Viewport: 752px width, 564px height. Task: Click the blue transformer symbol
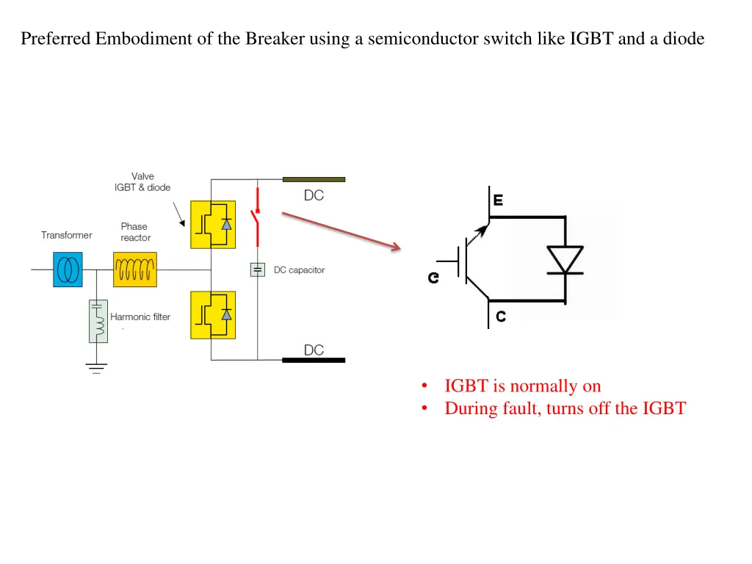point(68,269)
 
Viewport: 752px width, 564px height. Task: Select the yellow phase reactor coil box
point(135,269)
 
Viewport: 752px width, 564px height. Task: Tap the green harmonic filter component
point(98,321)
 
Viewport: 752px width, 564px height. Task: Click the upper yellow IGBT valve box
point(213,224)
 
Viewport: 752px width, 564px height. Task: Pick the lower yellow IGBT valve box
point(213,314)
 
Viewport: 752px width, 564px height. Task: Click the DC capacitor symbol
point(258,270)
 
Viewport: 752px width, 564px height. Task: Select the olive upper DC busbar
point(314,179)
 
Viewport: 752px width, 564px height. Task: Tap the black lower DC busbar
point(314,360)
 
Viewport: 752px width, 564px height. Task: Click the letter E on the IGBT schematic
point(498,200)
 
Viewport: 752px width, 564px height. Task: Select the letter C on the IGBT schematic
point(500,317)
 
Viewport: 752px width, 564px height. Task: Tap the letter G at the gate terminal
point(434,278)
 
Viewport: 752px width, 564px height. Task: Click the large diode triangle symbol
point(565,260)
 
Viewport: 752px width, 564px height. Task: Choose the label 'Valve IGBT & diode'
point(142,181)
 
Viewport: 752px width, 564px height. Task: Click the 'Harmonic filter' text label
point(140,317)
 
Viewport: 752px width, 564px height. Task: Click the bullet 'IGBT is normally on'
point(522,386)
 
